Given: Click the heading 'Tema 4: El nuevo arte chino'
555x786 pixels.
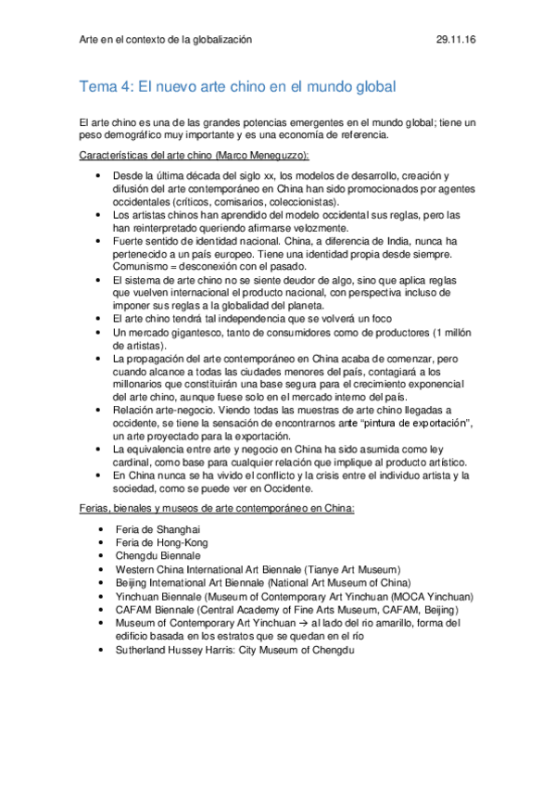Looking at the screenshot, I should coord(237,87).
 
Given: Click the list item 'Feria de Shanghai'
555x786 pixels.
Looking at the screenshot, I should coord(158,529).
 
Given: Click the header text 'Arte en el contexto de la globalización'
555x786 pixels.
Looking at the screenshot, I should coord(166,41).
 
